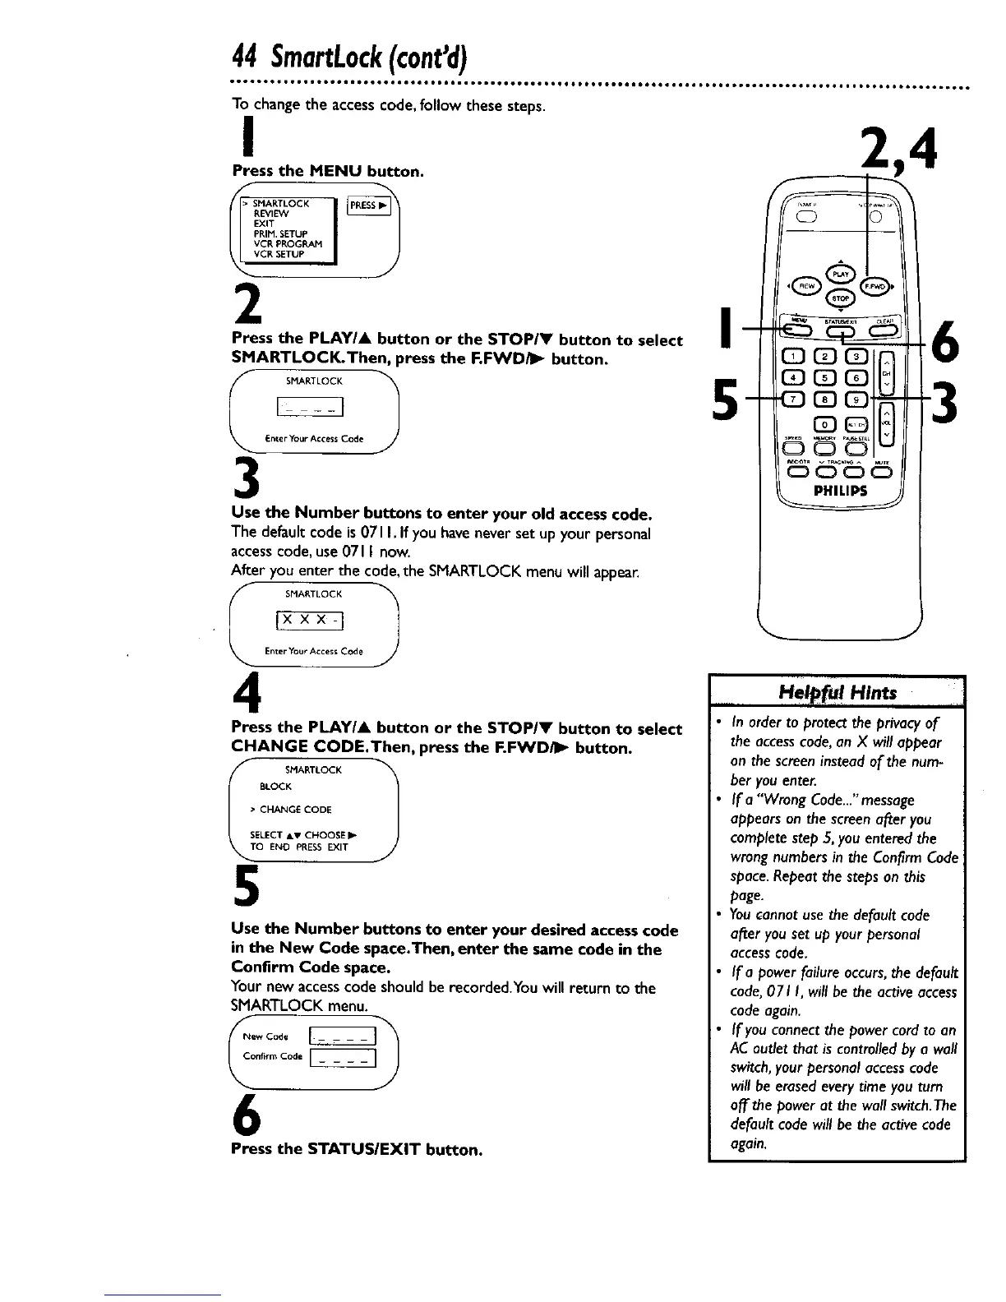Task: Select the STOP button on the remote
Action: [x=840, y=298]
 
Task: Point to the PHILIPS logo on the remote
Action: [x=840, y=492]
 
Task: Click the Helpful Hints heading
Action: [x=838, y=691]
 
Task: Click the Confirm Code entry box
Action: [x=340, y=1057]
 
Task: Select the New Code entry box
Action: [x=340, y=1037]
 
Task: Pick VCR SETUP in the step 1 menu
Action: [x=278, y=254]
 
